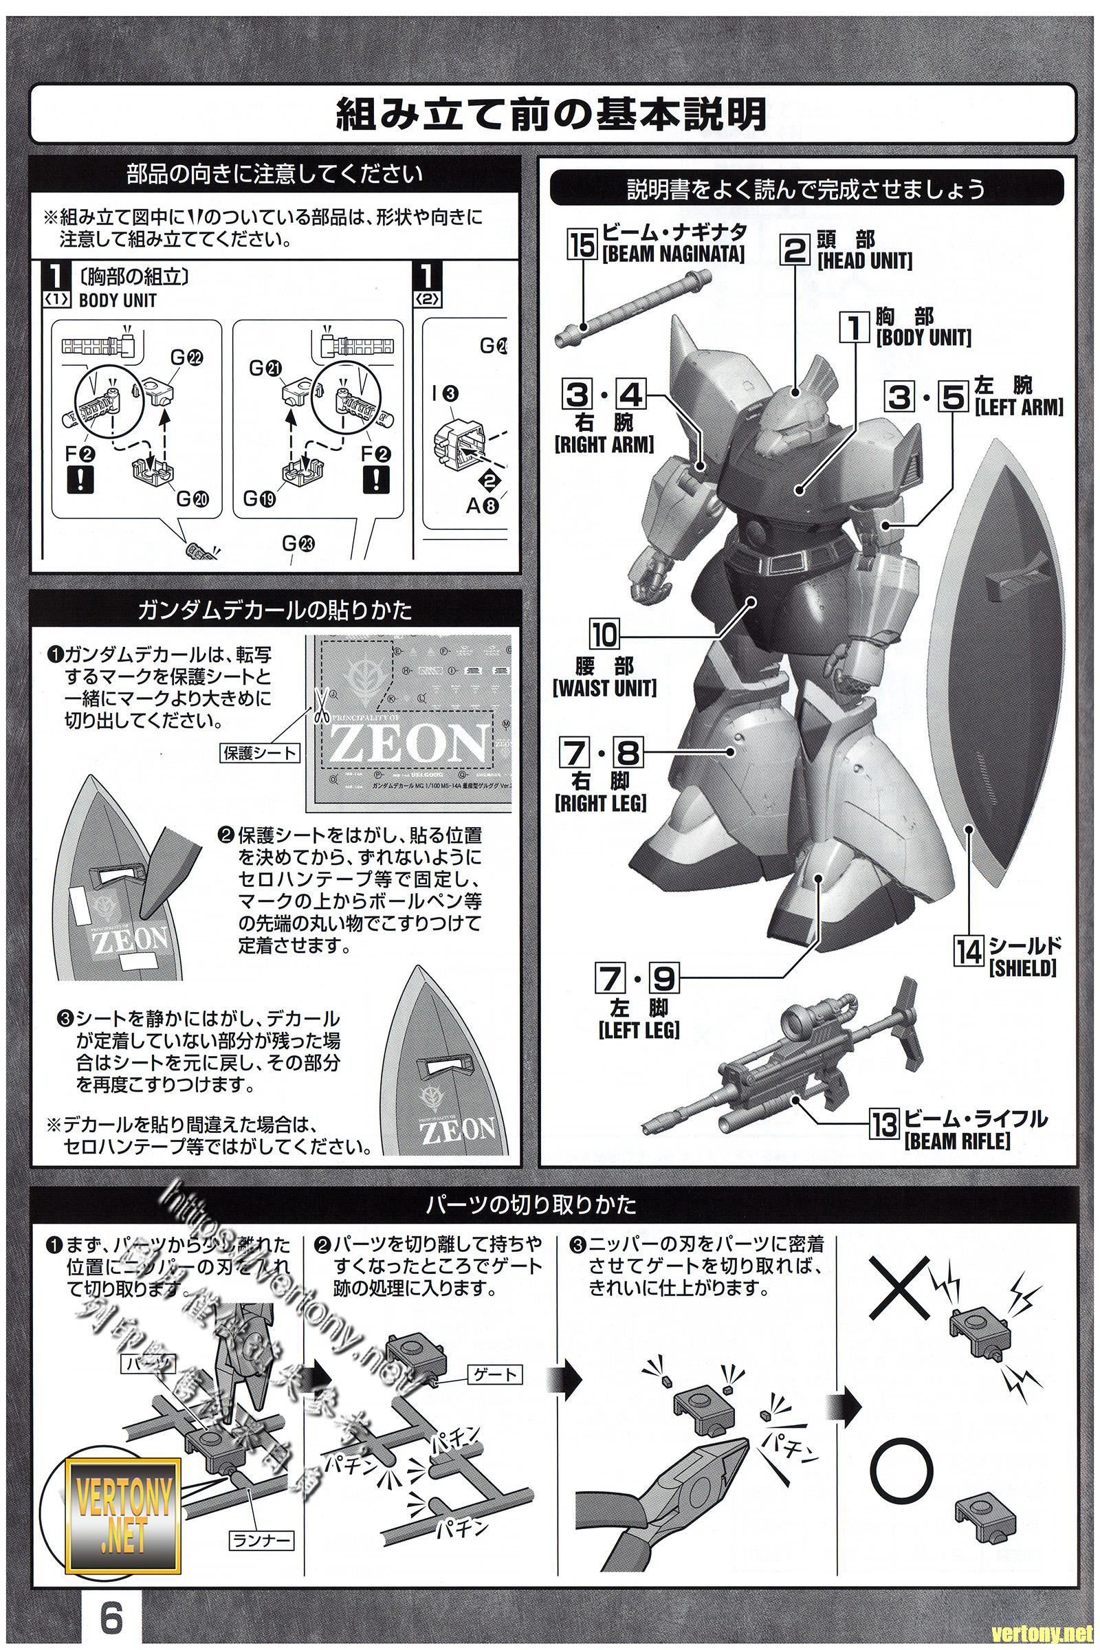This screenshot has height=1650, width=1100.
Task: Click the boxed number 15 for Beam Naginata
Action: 583,245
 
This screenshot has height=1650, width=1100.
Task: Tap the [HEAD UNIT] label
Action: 864,261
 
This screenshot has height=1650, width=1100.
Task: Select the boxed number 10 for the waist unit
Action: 604,634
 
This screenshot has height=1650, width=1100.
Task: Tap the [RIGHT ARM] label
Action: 604,444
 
